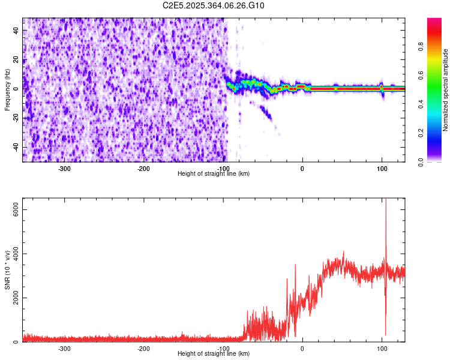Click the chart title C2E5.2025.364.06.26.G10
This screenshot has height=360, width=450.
[214, 5]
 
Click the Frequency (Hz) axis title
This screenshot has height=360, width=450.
[7, 89]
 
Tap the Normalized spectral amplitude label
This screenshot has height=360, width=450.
[446, 90]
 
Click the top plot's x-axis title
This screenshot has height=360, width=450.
[214, 173]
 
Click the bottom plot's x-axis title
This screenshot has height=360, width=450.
[214, 353]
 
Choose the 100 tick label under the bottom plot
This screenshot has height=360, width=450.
[382, 348]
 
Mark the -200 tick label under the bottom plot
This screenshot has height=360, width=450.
[143, 348]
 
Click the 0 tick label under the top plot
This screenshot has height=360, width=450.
[302, 168]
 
